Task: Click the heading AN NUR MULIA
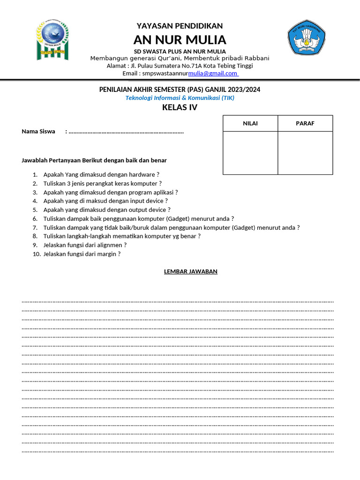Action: click(x=180, y=39)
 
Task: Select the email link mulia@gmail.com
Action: click(x=213, y=73)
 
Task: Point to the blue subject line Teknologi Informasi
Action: click(x=180, y=98)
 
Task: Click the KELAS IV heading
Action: click(x=180, y=108)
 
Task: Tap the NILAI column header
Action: click(x=250, y=123)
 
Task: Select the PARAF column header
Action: click(x=305, y=123)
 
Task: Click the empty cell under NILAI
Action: click(x=250, y=153)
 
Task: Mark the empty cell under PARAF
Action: click(x=305, y=153)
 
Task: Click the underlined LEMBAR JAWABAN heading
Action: click(x=191, y=271)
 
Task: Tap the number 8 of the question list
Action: click(x=35, y=236)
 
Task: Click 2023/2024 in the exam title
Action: click(x=244, y=89)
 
